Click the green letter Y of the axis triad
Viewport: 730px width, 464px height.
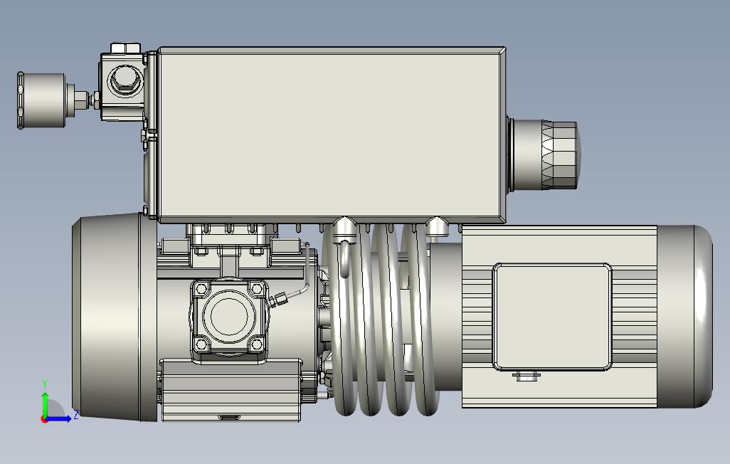[45, 384]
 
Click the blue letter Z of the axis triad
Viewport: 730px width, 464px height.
[75, 414]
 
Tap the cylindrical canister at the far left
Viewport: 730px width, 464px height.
[42, 100]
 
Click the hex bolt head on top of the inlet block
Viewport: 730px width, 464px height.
[125, 48]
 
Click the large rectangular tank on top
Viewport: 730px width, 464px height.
[332, 135]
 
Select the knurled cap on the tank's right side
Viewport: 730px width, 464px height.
[559, 155]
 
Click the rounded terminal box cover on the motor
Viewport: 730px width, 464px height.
[552, 317]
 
